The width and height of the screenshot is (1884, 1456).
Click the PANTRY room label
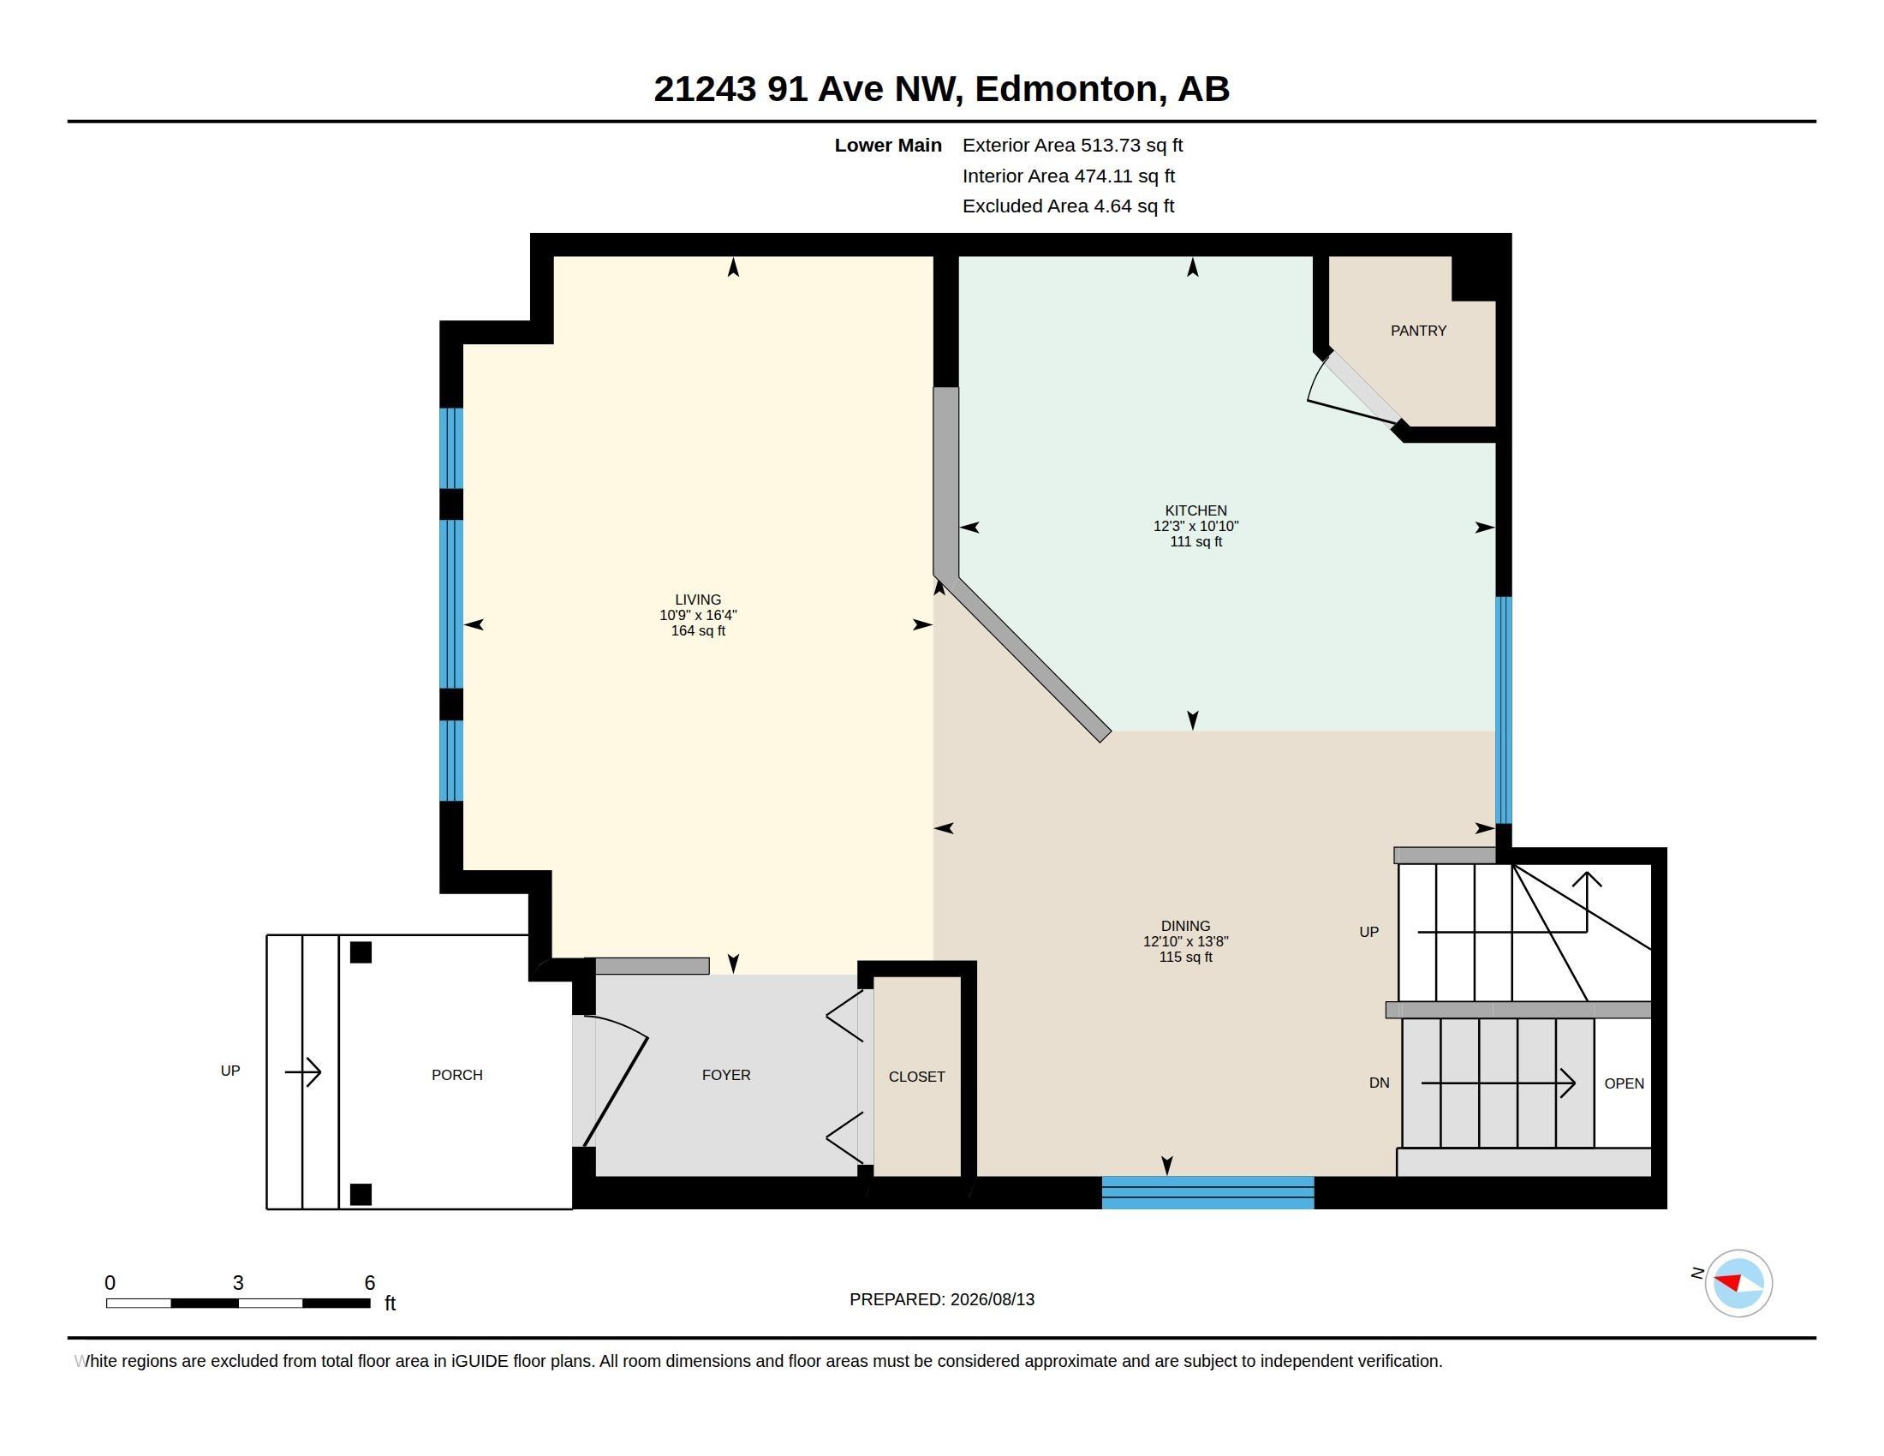point(1418,331)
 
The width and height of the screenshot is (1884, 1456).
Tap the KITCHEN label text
point(1195,510)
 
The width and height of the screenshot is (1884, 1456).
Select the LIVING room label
point(698,600)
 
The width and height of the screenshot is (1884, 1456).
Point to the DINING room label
point(1185,926)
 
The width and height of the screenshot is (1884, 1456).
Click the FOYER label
point(726,1075)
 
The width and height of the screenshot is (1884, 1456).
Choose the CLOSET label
point(917,1077)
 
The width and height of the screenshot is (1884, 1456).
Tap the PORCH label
point(457,1075)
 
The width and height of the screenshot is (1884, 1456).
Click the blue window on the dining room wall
point(1207,1192)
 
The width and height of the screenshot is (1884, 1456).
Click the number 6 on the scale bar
point(369,1283)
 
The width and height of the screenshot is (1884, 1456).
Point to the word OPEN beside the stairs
point(1625,1083)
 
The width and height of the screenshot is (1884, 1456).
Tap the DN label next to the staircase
point(1380,1083)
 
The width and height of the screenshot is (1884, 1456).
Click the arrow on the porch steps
point(303,1072)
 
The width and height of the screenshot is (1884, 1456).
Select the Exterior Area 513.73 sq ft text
point(1072,145)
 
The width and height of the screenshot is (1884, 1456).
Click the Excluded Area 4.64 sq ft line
point(1068,206)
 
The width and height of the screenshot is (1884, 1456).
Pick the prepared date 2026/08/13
point(992,1299)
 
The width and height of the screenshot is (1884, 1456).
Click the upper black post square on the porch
point(361,952)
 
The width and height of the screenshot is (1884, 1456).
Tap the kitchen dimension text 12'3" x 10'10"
point(1195,526)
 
